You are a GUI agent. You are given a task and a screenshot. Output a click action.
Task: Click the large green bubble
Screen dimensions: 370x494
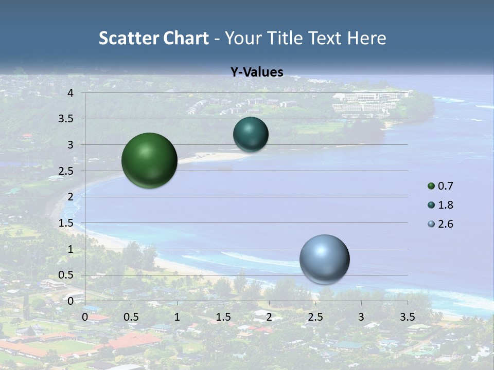pos(149,160)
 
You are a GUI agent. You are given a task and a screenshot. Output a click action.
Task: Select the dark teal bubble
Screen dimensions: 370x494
pos(251,134)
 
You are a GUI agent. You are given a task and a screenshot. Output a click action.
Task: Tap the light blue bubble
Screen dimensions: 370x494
pos(324,259)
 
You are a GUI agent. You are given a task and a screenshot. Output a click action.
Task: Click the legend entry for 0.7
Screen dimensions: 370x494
pos(440,186)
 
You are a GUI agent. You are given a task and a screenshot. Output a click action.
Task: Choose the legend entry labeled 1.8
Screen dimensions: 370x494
pos(440,205)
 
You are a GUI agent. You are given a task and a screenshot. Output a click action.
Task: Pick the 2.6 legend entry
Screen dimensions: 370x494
pos(440,224)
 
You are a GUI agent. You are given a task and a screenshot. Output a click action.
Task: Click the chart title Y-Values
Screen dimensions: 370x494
pos(257,72)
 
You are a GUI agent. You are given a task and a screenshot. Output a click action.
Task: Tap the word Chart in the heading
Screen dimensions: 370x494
pos(185,38)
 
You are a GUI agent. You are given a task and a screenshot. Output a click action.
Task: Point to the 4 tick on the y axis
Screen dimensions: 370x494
pos(70,93)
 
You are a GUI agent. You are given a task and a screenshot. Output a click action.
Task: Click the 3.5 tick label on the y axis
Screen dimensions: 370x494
pos(66,119)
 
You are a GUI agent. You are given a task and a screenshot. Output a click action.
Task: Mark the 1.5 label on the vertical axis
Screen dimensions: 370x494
pos(66,223)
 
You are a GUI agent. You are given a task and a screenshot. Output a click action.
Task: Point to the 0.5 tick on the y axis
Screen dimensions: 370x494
pos(66,275)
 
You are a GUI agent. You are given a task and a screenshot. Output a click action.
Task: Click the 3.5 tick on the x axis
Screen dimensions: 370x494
pos(408,317)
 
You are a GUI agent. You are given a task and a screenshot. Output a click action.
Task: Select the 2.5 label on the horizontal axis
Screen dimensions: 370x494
pos(315,317)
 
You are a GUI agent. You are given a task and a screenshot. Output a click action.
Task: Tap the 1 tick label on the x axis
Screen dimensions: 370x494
pos(177,317)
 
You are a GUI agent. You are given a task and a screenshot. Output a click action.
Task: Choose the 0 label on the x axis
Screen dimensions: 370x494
pos(85,317)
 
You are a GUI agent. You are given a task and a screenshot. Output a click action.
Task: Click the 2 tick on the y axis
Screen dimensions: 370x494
pos(70,197)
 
